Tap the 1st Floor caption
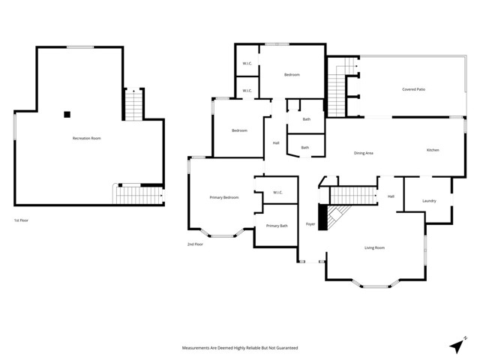(x=22, y=220)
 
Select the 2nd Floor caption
(x=195, y=244)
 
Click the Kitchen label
(x=433, y=151)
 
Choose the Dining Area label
(x=364, y=153)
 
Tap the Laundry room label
(x=429, y=200)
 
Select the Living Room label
(x=374, y=247)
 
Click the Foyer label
(x=310, y=224)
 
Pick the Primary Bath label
(x=277, y=226)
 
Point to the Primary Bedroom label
(x=223, y=197)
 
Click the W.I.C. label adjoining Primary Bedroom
(x=277, y=193)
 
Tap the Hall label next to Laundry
(x=391, y=196)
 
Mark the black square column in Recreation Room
(x=67, y=115)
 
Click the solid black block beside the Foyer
(x=324, y=218)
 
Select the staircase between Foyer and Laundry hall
(x=352, y=196)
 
